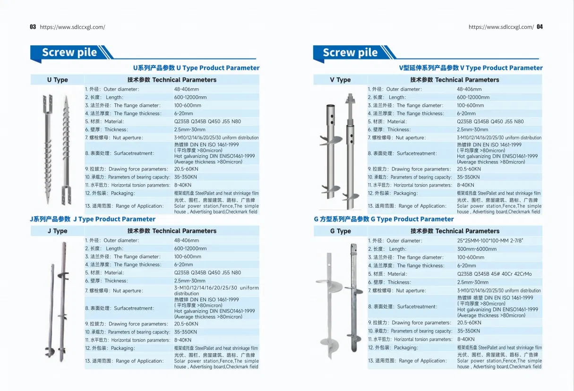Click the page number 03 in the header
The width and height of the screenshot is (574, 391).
click(x=33, y=27)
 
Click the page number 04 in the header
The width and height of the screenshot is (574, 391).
click(x=540, y=27)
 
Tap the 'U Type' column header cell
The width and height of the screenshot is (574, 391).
click(x=57, y=80)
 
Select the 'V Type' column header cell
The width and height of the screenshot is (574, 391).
click(x=340, y=80)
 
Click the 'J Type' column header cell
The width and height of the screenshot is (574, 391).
click(x=57, y=231)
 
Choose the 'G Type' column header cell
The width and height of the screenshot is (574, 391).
click(x=340, y=231)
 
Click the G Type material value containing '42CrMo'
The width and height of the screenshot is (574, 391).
click(x=494, y=274)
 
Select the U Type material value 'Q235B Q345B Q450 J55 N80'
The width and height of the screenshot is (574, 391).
click(x=207, y=121)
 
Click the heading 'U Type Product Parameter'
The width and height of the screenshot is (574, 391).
click(x=196, y=68)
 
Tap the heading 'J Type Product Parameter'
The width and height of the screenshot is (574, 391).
click(x=93, y=219)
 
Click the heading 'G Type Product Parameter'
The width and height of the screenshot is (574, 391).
click(x=384, y=219)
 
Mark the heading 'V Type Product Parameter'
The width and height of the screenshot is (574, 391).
click(x=471, y=68)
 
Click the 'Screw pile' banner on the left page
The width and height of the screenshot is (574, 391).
click(x=69, y=52)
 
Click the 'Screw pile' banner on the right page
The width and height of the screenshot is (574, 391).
click(x=350, y=52)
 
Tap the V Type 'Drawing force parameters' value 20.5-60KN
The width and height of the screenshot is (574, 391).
click(x=469, y=169)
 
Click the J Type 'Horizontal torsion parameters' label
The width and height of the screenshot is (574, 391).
click(x=128, y=340)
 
